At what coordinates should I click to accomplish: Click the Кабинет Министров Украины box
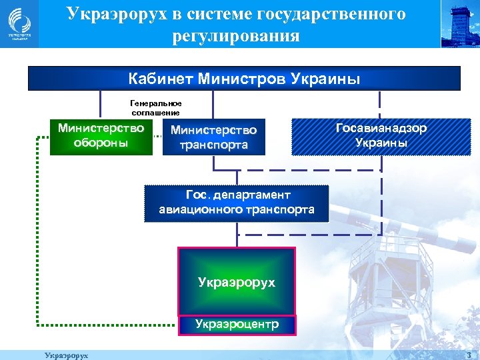coord(244,79)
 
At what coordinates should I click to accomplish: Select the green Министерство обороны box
coord(101,136)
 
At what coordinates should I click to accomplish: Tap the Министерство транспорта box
coord(213,137)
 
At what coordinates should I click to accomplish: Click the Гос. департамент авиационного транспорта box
coord(237,203)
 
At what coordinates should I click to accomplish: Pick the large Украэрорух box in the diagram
coord(237,281)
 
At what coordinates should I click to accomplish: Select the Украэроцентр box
coord(237,325)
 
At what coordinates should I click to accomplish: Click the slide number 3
coord(469,355)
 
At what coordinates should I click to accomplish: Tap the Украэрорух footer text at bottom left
coord(66,355)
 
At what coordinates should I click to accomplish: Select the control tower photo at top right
coord(460,24)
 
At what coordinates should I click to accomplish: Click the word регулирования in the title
coord(236,35)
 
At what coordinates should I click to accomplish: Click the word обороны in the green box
coord(101,144)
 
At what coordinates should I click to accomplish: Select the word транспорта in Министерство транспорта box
coord(213,145)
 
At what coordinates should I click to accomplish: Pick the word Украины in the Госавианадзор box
coord(381,143)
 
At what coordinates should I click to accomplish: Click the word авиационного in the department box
coord(199,210)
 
